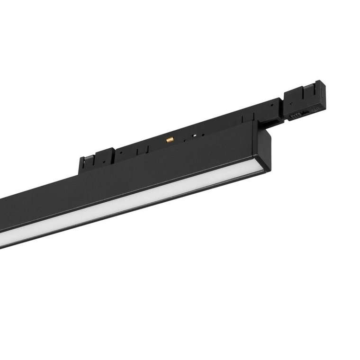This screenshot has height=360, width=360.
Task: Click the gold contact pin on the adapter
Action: click(x=169, y=140)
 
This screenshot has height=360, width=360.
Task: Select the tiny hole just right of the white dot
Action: click(x=201, y=134)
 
